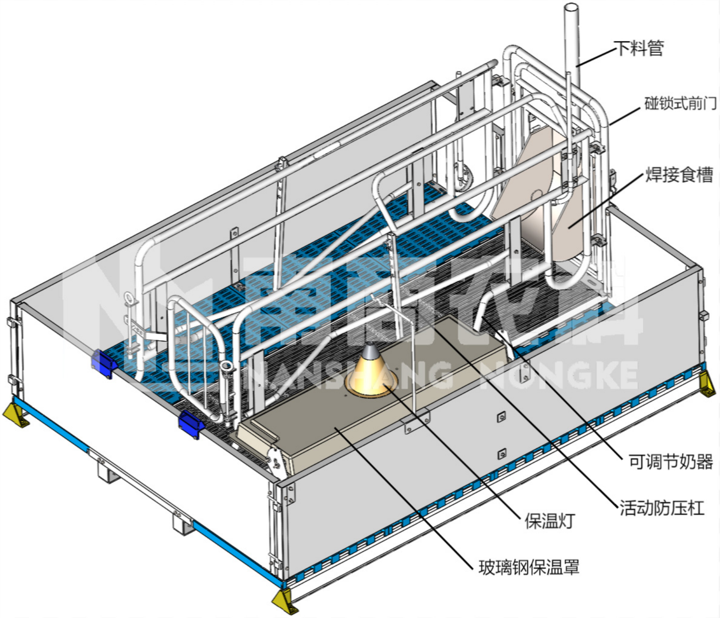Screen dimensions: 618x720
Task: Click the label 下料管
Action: click(639, 48)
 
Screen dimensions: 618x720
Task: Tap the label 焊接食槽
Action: click(679, 175)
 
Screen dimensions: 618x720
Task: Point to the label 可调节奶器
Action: click(670, 461)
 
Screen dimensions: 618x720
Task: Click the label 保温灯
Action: click(550, 521)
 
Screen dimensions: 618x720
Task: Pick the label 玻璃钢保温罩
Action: click(529, 567)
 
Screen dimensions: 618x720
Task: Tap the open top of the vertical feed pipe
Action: click(571, 7)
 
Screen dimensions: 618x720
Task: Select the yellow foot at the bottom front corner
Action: click(284, 602)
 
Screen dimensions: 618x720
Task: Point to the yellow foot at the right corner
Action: click(707, 385)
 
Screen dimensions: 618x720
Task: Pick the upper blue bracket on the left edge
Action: click(103, 363)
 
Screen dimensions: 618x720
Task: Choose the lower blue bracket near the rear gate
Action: click(191, 423)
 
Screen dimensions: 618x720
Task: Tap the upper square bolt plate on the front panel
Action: click(501, 417)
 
